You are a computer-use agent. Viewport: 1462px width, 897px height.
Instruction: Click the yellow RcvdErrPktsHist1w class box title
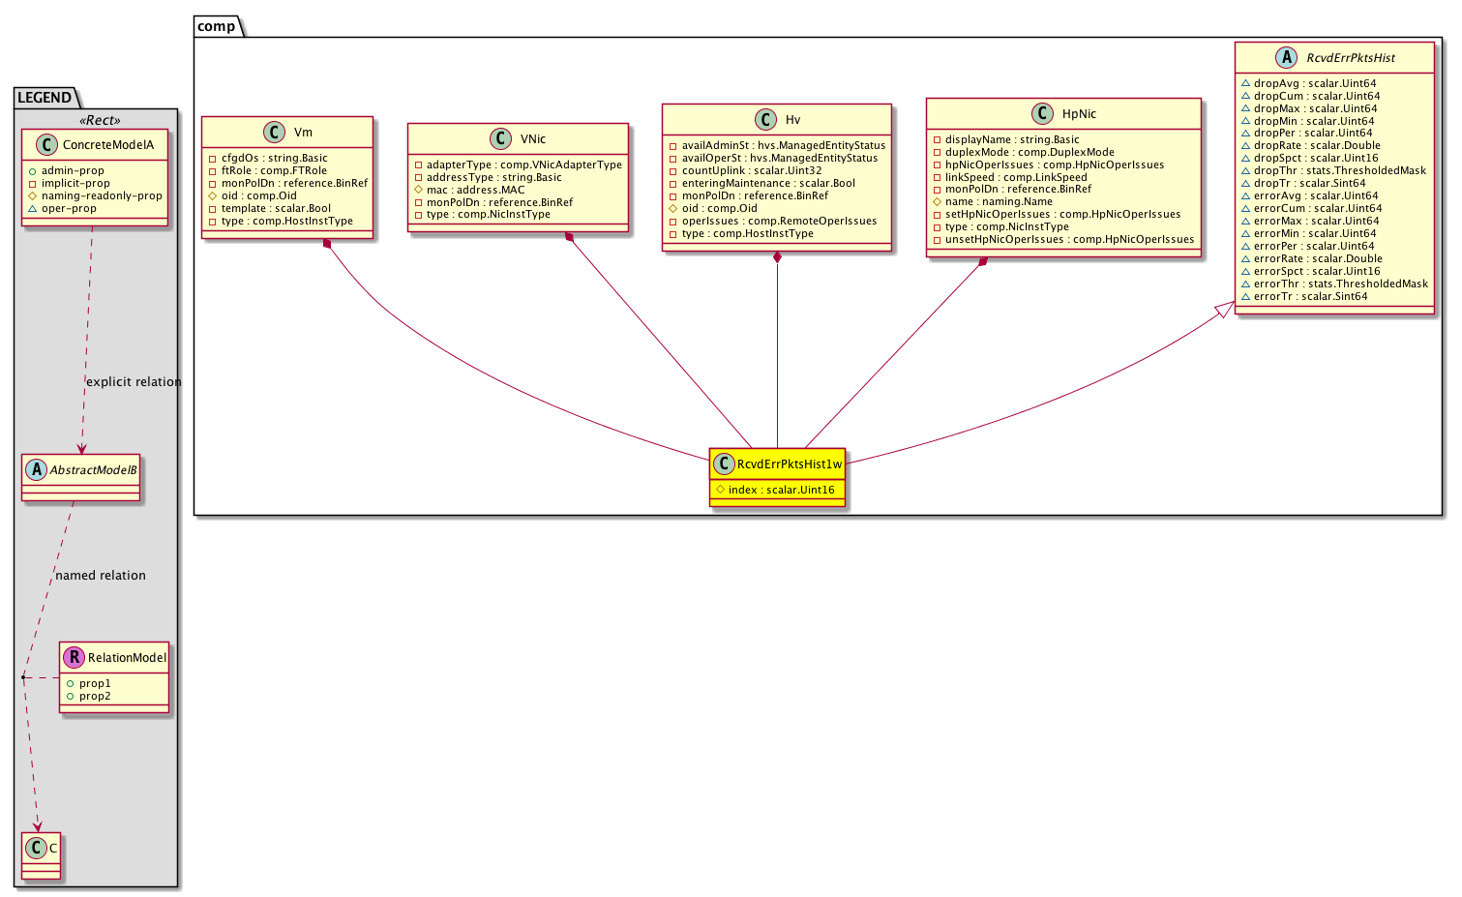point(790,464)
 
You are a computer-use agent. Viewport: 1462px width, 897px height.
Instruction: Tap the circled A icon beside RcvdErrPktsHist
point(1286,57)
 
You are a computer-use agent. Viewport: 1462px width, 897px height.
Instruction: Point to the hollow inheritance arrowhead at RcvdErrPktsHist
point(1224,310)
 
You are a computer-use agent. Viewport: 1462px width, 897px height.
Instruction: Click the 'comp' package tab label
point(216,26)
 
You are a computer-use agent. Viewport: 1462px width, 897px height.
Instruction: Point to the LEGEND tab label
point(45,98)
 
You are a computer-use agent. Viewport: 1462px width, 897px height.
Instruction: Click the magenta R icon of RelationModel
point(75,657)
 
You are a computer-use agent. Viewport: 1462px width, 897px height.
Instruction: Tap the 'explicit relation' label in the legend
point(134,382)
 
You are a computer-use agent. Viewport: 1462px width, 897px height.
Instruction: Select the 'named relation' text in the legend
point(101,575)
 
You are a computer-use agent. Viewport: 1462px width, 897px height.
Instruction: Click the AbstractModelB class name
point(93,470)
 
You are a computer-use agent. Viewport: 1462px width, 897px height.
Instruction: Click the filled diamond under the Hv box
point(777,257)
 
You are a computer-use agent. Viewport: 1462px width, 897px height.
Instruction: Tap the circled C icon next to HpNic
point(1042,113)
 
